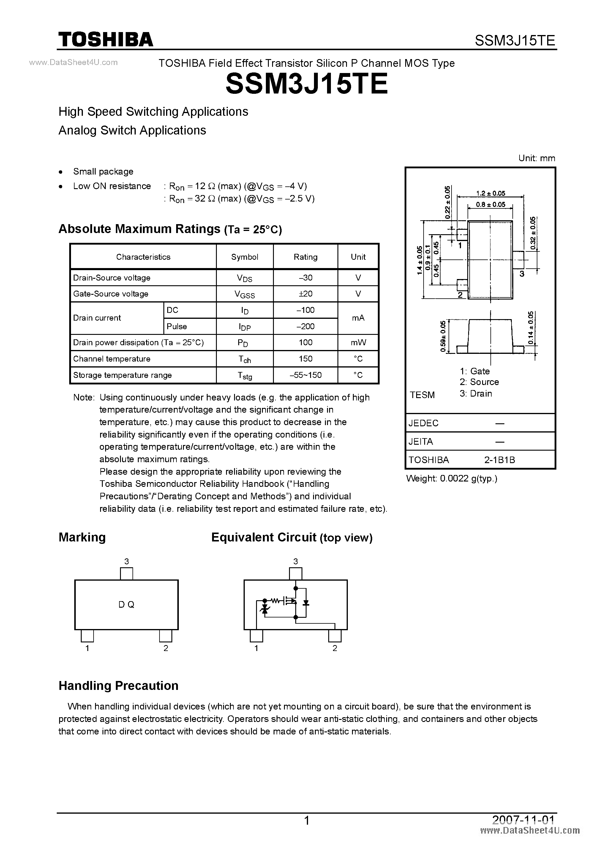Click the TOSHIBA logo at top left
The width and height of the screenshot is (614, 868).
(105, 39)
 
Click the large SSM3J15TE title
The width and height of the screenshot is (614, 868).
(307, 84)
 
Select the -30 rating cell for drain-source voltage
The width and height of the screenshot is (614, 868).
(305, 278)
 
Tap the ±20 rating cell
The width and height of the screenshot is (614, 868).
(305, 294)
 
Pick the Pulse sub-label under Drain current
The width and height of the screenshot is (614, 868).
(177, 326)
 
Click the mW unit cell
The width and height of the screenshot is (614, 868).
(358, 343)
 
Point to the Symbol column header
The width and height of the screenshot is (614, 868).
(244, 257)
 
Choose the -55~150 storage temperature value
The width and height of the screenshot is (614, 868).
(305, 375)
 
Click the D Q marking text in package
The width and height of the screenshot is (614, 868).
(126, 604)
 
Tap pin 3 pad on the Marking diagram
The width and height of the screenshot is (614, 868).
(126, 574)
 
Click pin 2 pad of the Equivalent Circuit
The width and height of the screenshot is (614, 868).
(335, 636)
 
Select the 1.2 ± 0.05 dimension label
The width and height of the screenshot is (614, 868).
(491, 194)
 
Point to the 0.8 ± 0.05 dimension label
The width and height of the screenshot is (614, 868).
(491, 205)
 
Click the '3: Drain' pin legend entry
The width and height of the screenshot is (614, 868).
(476, 394)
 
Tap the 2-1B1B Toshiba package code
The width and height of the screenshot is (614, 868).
(499, 460)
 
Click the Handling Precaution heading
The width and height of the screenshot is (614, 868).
(119, 686)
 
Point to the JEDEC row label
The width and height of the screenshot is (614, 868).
(423, 423)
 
